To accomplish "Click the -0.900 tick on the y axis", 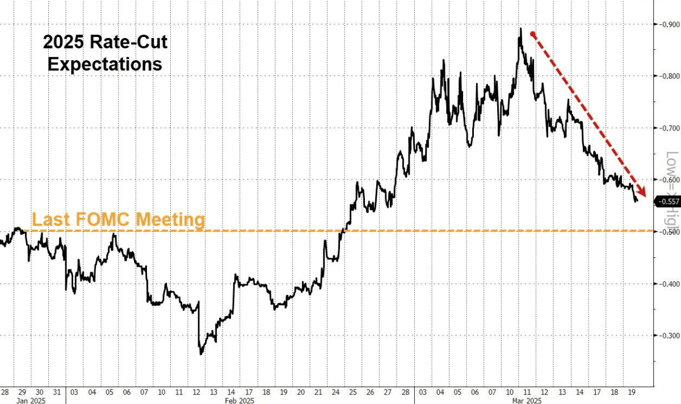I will pyautogui.click(x=669, y=24).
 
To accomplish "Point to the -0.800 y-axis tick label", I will pyautogui.click(x=669, y=76).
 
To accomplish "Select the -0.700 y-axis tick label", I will pyautogui.click(x=669, y=128).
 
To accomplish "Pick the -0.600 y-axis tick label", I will pyautogui.click(x=669, y=180).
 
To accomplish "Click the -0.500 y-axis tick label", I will pyautogui.click(x=669, y=232).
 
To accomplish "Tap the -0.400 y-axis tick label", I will pyautogui.click(x=669, y=284).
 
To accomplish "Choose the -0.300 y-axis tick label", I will pyautogui.click(x=669, y=335).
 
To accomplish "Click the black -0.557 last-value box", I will pyautogui.click(x=667, y=202).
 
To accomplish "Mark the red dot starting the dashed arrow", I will pyautogui.click(x=532, y=34).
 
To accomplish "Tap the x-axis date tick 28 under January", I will pyautogui.click(x=5, y=392).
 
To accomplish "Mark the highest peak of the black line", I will pyautogui.click(x=520, y=28).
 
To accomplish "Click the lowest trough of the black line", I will pyautogui.click(x=201, y=355).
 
